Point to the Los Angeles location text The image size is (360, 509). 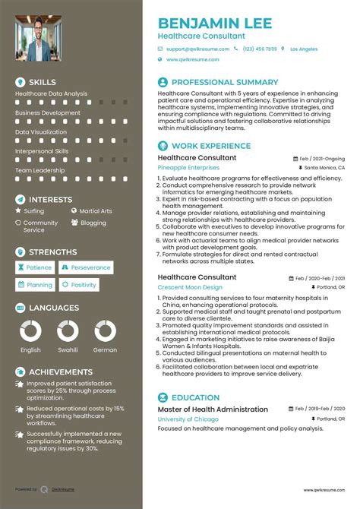pos(304,49)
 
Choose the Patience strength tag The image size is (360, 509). pos(35,267)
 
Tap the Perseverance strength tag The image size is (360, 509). pos(87,267)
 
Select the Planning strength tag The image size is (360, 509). pos(35,285)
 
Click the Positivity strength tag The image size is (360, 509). pos(80,285)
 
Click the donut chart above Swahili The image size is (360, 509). pos(68,330)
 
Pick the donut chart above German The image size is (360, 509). pos(105,330)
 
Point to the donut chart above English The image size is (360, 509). pos(30,330)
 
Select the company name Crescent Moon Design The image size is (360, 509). pos(190,288)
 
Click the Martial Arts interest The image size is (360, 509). pos(96,211)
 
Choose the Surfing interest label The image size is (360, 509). pos(34,211)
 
